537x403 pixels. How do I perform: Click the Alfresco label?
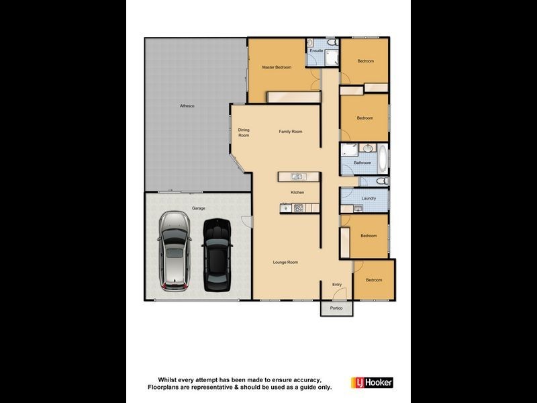(x=187, y=106)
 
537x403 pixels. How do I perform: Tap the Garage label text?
(x=198, y=208)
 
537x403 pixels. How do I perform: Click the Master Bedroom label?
(x=277, y=67)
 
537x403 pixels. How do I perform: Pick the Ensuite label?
(x=316, y=50)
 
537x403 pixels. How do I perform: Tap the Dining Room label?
(x=244, y=133)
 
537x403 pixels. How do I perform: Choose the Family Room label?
(x=291, y=132)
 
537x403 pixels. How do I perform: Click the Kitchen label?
(x=297, y=192)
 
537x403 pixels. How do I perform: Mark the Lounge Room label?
(x=285, y=262)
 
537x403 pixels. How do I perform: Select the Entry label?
(x=338, y=284)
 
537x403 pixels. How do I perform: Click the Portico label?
(x=336, y=308)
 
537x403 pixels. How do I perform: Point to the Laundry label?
(x=368, y=198)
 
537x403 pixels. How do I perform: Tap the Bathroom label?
(x=362, y=163)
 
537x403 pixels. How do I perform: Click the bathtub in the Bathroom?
(x=383, y=159)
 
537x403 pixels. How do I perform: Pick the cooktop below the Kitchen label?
(x=297, y=208)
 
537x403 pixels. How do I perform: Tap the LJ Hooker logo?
(x=372, y=382)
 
